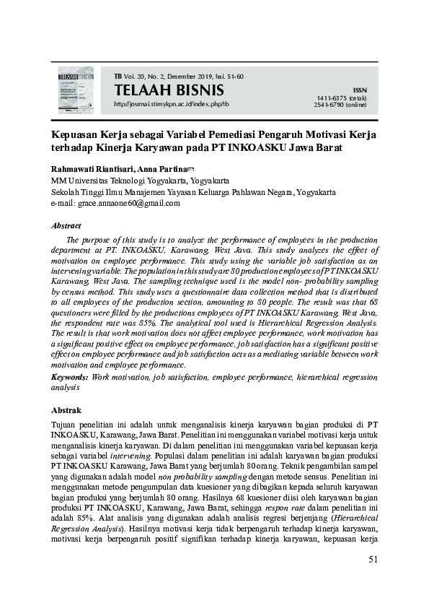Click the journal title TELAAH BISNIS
(x=169, y=90)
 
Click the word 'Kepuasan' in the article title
(x=75, y=134)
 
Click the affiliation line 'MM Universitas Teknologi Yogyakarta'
(x=140, y=180)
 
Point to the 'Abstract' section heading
(x=66, y=225)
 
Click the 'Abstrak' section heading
(x=66, y=409)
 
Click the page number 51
(x=373, y=559)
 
